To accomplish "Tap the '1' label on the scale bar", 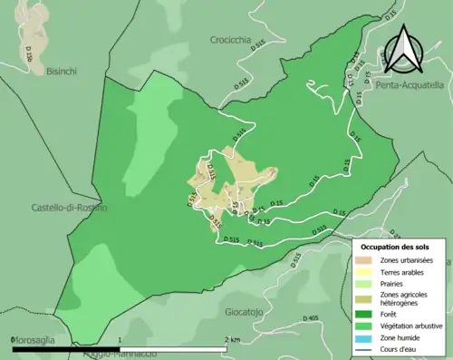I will coord(120,339).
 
